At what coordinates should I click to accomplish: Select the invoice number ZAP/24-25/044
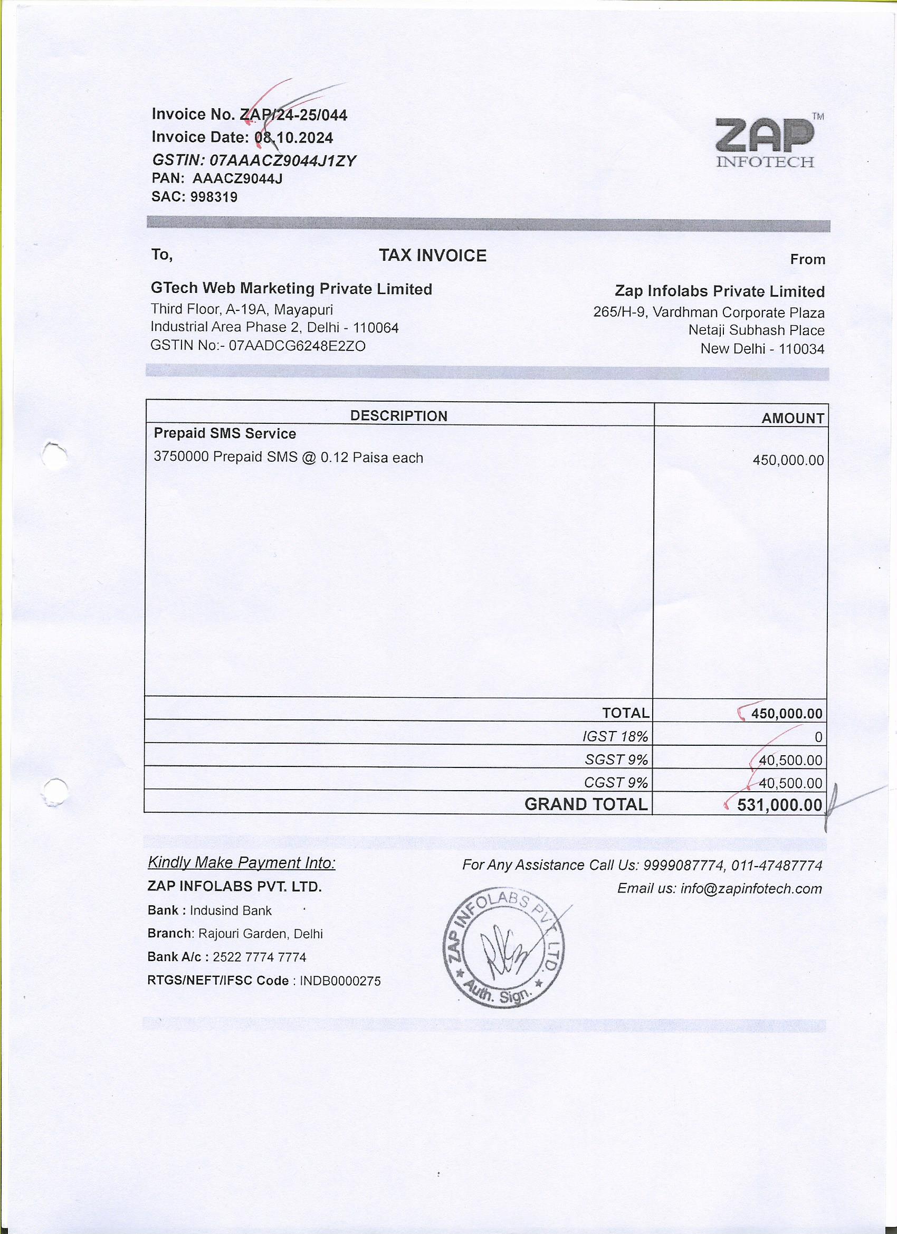[x=293, y=116]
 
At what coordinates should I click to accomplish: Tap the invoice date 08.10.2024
[x=294, y=138]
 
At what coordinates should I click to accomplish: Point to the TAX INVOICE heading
[x=433, y=256]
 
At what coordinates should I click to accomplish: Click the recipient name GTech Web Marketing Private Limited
[x=291, y=289]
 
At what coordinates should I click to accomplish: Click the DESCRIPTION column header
[x=398, y=416]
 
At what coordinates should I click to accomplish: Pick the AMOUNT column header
[x=793, y=419]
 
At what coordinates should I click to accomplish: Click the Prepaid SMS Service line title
[x=225, y=434]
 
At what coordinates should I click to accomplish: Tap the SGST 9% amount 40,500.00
[x=790, y=760]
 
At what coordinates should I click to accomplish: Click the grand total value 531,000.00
[x=779, y=805]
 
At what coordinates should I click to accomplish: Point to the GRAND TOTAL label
[x=586, y=804]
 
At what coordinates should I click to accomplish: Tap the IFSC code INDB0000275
[x=340, y=981]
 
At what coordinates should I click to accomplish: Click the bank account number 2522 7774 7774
[x=260, y=957]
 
